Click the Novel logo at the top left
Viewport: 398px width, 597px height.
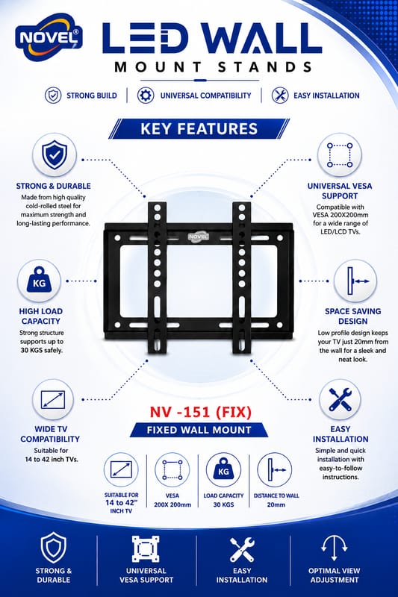pos(49,37)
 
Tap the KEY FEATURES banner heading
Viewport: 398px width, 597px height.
pos(199,128)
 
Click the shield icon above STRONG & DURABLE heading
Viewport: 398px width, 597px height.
pos(55,155)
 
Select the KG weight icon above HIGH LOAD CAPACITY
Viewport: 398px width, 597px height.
pos(39,281)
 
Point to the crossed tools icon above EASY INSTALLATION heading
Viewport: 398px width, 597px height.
pos(340,399)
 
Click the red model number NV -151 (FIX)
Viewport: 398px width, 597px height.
pos(200,412)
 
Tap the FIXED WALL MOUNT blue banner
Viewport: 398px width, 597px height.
pos(199,431)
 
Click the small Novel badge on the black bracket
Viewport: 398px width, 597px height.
pos(199,237)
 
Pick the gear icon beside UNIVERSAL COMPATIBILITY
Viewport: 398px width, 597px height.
pos(146,96)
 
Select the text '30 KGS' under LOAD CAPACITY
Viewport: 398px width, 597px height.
pos(223,505)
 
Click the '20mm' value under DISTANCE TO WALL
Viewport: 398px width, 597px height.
pos(276,505)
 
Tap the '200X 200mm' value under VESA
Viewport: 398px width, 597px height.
pos(172,505)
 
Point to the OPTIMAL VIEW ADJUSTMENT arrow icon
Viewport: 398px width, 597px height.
pos(334,548)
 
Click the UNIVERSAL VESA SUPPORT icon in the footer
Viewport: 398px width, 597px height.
pos(146,549)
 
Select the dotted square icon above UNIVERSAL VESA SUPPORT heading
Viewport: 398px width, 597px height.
pos(340,155)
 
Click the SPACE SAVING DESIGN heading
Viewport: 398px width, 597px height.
pos(352,316)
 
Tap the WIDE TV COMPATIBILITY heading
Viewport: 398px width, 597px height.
pos(50,434)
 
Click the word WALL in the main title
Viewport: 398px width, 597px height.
pos(261,38)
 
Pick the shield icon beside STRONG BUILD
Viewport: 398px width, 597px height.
pos(53,96)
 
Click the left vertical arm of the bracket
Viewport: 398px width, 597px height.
pos(157,278)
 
